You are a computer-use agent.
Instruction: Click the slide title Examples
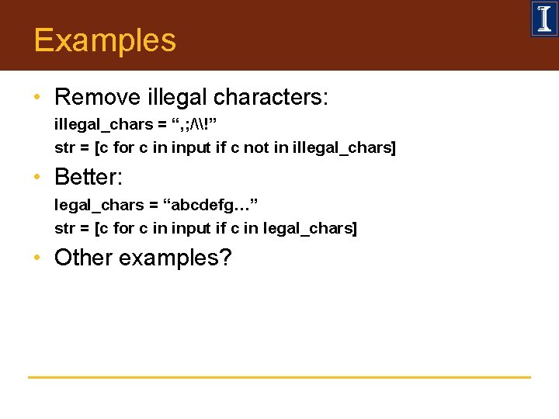coord(105,40)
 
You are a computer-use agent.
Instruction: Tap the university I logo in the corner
coord(543,19)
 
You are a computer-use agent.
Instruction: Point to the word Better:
coord(89,177)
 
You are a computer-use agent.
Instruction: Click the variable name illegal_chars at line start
coord(94,124)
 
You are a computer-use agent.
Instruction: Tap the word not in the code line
coord(255,147)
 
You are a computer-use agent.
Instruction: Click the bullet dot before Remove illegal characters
coord(36,98)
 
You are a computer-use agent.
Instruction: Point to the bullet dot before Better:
coord(36,178)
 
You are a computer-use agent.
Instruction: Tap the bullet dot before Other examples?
coord(36,258)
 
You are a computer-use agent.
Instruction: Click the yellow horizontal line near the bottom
coord(279,377)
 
